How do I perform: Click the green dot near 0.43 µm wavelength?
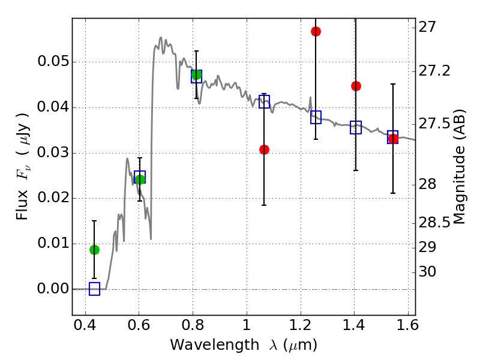click(x=94, y=250)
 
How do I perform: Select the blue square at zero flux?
click(x=94, y=289)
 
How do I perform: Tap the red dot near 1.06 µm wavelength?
click(x=264, y=149)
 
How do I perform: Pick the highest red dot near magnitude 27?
click(x=316, y=31)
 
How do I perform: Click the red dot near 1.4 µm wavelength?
click(x=356, y=86)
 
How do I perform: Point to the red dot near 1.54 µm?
click(x=393, y=139)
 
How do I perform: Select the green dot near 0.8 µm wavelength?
click(x=196, y=74)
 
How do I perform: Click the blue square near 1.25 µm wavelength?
click(x=316, y=117)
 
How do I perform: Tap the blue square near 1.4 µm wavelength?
click(x=356, y=127)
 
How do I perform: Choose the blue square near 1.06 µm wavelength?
click(x=264, y=101)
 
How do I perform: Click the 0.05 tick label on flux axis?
click(x=53, y=62)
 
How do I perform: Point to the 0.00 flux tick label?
click(x=53, y=289)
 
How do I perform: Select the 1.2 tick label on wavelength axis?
click(x=301, y=325)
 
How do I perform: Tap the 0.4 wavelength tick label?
click(x=85, y=325)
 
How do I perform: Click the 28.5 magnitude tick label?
click(x=434, y=223)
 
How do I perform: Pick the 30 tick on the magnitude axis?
click(x=427, y=272)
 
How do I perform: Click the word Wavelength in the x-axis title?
click(x=215, y=345)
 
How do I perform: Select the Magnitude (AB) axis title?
click(x=458, y=167)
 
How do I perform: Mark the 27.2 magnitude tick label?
click(x=434, y=71)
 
